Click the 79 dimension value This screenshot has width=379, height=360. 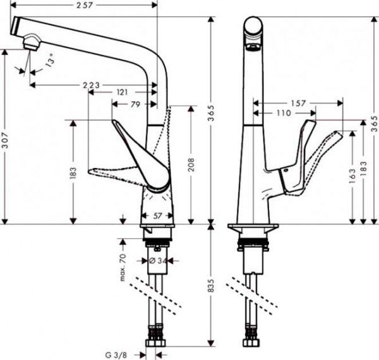coord(135,105)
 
